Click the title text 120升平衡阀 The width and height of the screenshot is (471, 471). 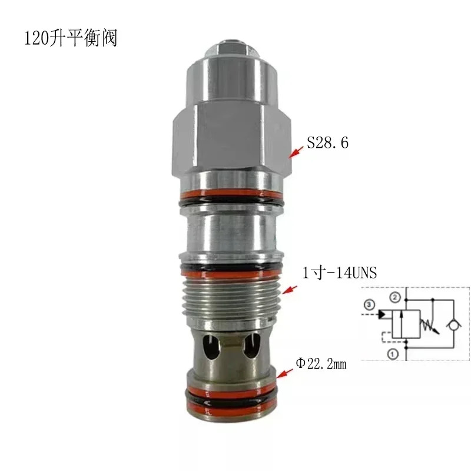[x=70, y=38]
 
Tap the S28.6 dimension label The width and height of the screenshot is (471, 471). [x=328, y=142]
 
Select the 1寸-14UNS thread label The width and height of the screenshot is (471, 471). [x=340, y=273]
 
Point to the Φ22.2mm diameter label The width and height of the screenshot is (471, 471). [x=321, y=364]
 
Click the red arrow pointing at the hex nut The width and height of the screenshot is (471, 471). [x=296, y=152]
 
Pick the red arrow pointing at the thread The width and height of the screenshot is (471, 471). [x=289, y=290]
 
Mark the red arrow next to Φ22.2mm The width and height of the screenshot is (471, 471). [x=285, y=373]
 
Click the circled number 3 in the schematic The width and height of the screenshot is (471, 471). [x=369, y=305]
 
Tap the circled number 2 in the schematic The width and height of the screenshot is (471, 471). [x=395, y=297]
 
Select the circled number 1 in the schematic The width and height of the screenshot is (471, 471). [x=392, y=354]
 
